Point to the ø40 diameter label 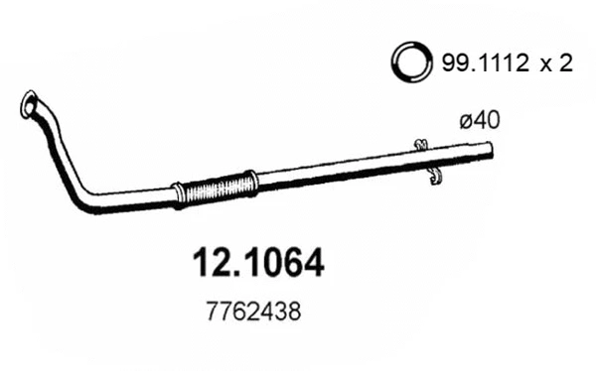click(x=479, y=120)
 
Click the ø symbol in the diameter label click(x=466, y=121)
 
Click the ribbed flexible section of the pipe click(x=216, y=186)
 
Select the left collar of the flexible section click(x=179, y=192)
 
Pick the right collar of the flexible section click(x=251, y=182)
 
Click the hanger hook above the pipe click(x=420, y=145)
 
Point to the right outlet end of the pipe click(x=489, y=150)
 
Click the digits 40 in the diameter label click(x=486, y=120)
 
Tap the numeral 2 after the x click(x=567, y=65)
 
